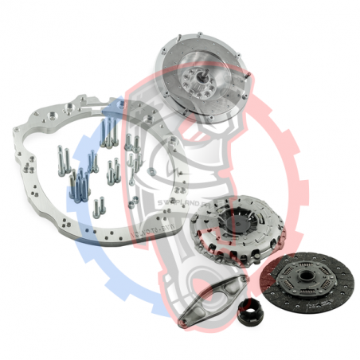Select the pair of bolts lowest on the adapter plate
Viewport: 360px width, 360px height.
point(98,209)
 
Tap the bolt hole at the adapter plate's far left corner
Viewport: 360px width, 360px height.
point(17,127)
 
